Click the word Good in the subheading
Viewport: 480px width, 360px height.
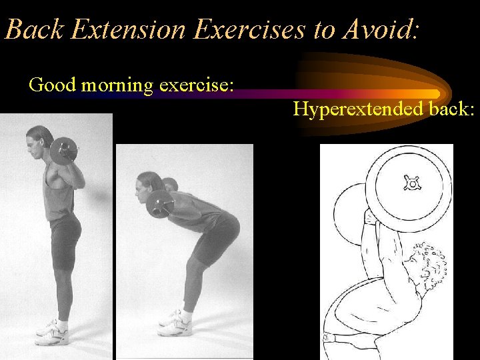click(x=47, y=85)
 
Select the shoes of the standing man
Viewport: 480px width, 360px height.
click(x=53, y=332)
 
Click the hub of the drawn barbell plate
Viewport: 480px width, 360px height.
click(x=411, y=183)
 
